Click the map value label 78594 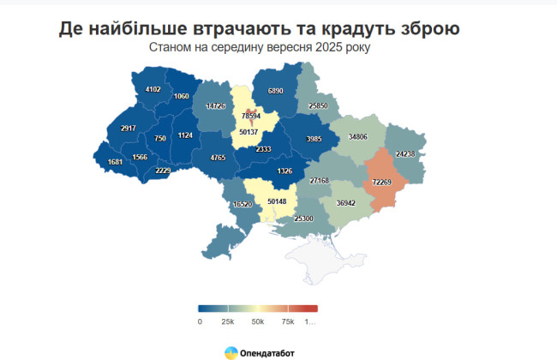(251, 115)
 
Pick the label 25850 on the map (318, 105)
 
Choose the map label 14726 (215, 106)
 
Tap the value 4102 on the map (153, 89)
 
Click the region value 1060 (181, 96)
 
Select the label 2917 (129, 129)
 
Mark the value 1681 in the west (116, 162)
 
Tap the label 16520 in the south (243, 205)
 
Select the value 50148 (277, 201)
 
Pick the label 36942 (345, 203)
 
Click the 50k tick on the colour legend (257, 321)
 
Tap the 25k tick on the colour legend (228, 321)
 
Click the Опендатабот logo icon (231, 351)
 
